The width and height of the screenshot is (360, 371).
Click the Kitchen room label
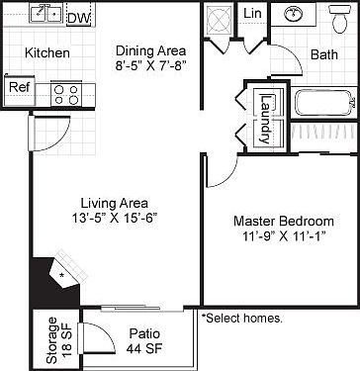(45, 52)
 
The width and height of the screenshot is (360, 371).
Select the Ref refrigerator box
(18, 88)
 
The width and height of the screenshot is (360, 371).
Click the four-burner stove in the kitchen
(65, 93)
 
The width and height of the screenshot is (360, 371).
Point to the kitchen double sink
(45, 14)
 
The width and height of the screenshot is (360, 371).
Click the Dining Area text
(149, 51)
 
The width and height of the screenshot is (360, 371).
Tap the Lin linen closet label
(252, 13)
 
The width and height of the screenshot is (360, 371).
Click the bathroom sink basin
(294, 14)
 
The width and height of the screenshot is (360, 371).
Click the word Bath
(323, 55)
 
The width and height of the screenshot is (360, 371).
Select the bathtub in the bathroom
(324, 101)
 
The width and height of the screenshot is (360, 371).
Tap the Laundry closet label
(264, 119)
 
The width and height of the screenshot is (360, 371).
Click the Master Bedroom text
(280, 220)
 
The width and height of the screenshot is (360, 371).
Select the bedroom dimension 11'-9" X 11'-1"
(280, 237)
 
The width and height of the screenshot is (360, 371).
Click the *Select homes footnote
(241, 319)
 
